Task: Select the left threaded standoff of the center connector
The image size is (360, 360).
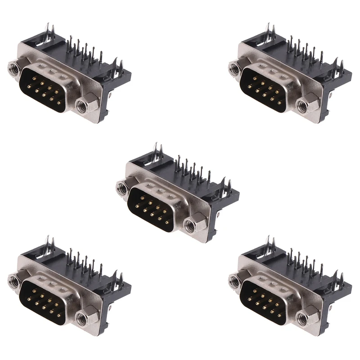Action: pyautogui.click(x=122, y=186)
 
